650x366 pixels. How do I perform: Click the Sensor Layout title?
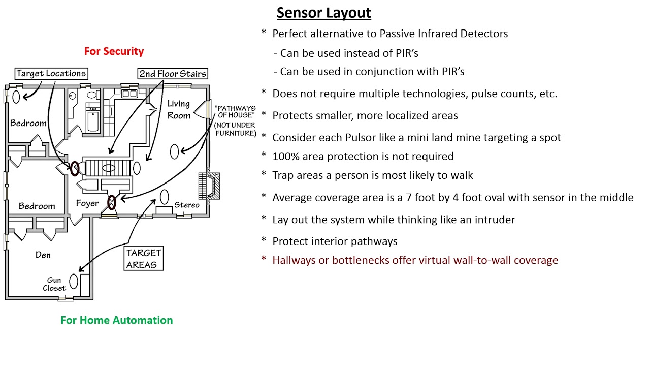point(323,13)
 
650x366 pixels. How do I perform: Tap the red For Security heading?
point(114,51)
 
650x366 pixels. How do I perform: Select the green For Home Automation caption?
point(116,320)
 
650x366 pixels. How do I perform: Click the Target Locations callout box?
point(51,74)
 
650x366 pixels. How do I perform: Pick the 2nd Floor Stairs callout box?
point(173,74)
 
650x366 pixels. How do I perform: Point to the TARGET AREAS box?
point(144,259)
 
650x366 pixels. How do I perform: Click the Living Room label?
point(179,109)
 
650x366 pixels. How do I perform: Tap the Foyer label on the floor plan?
point(87,204)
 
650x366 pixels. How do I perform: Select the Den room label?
point(43,255)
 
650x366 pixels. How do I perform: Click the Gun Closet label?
point(54,284)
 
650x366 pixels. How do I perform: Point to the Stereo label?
point(186,205)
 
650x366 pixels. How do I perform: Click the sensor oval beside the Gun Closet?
point(74,281)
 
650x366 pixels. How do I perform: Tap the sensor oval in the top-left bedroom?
point(16,96)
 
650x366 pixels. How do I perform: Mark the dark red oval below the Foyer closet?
point(111,203)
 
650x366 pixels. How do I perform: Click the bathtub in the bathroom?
point(94,120)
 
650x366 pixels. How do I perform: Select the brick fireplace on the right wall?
point(209,186)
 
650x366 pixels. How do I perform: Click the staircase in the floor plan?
point(106,167)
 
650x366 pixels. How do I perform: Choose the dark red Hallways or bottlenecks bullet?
point(415,260)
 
